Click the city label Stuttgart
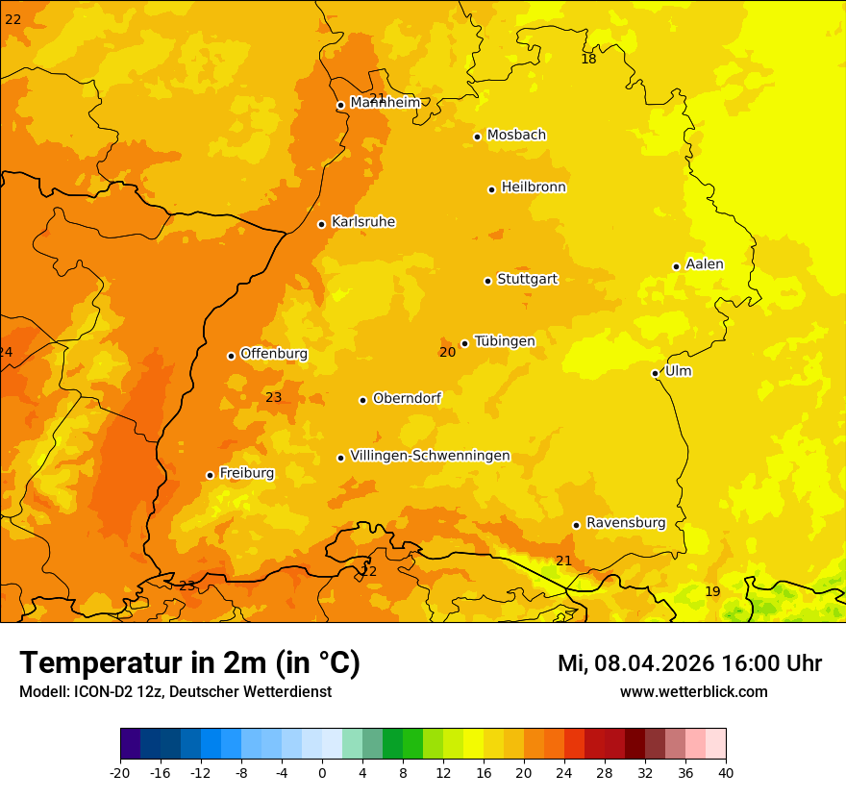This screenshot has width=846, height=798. pos(527,279)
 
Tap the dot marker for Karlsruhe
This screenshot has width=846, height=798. pos(322,224)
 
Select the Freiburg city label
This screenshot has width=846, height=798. pos(246,473)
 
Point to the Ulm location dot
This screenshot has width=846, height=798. pos(656,373)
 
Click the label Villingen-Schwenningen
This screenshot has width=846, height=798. pos(430,456)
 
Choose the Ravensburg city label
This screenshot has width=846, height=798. pos(626,523)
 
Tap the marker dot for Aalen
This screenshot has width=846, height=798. pos(677,266)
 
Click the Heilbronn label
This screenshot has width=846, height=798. pos(534,187)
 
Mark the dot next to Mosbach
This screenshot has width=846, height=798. pos(477,137)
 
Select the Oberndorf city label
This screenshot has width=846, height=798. pos(407,398)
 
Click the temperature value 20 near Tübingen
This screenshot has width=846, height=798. pos(447,352)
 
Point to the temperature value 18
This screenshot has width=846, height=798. pos(588,60)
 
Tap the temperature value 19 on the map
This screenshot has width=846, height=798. pos(712,591)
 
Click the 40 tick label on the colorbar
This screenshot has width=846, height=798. pos(725,772)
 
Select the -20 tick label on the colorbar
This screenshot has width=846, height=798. pos(120,772)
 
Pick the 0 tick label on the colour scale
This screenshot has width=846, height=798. pos(322,772)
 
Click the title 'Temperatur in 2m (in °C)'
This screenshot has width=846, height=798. pos(189,662)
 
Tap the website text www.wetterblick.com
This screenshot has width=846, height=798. pos(693,691)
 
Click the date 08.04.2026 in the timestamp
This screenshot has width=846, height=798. pos(648,663)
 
